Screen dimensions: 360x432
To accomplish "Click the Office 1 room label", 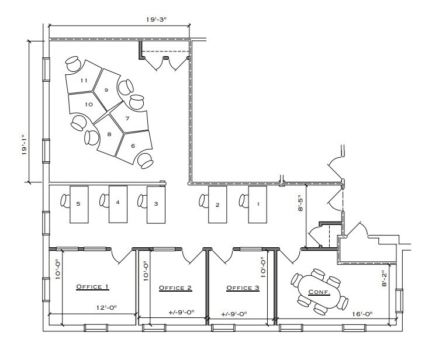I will click(x=93, y=287).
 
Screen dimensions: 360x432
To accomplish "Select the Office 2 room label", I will click(x=175, y=288).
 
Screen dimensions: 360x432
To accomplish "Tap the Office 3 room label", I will click(x=243, y=288).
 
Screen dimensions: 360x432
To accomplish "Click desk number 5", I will click(x=78, y=204).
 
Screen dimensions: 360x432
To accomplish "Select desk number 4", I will click(x=117, y=203).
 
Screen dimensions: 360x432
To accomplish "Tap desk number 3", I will click(x=155, y=204).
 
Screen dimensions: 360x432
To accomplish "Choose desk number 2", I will click(x=217, y=205).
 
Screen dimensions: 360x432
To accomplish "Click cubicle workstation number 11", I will click(x=84, y=80).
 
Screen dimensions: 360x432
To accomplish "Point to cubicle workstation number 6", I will click(x=133, y=146).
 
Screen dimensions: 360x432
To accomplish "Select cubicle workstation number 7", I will click(x=127, y=119).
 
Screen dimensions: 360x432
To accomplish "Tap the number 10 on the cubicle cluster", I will click(x=89, y=104).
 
